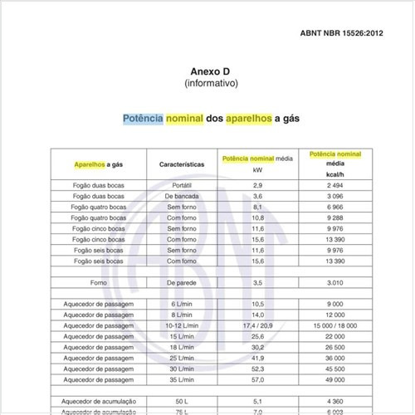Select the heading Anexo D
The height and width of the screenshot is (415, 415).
point(211,71)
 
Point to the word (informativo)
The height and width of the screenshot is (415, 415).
point(211,84)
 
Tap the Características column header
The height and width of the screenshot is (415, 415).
point(182,164)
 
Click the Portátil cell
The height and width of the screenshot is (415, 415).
point(182,183)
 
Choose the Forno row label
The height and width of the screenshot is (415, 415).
point(98,283)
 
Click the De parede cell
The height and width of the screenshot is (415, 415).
point(182,283)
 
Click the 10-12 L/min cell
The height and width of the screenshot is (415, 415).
point(182,327)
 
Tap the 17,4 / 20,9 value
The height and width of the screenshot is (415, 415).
point(257,327)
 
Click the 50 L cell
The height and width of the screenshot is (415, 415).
point(182,400)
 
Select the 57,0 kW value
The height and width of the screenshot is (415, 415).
point(257,378)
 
